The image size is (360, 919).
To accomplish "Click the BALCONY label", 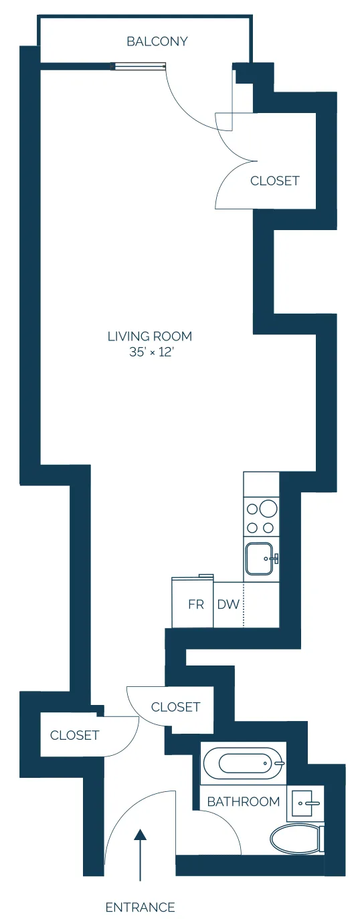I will (157, 41).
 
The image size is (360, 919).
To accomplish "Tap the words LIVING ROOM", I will (150, 336).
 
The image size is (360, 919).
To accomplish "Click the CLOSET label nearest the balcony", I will (274, 181).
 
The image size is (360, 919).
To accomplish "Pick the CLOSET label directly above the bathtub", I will (175, 707).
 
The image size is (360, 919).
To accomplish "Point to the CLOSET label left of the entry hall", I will (74, 735).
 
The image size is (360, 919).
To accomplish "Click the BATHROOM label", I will (243, 801).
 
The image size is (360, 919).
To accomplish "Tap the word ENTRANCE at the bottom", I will (140, 908).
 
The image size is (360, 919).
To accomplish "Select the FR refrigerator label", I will (195, 605).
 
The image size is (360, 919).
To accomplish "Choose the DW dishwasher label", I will (228, 605).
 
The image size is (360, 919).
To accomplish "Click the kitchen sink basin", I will (260, 559).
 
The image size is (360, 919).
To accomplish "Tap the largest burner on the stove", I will (268, 509).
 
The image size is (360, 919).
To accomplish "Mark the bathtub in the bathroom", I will (242, 763).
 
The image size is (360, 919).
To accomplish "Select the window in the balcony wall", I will (139, 66).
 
